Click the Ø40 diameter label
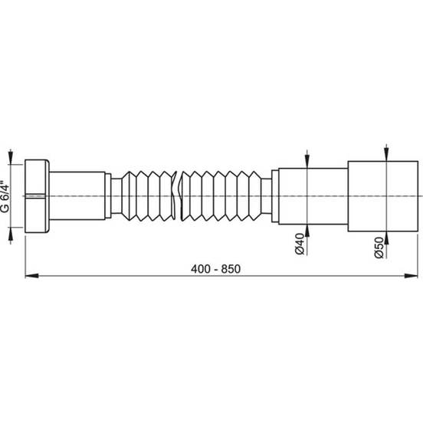tap(300, 244)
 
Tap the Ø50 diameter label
tap(379, 248)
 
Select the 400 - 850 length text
tap(215, 269)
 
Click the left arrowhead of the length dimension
tap(31, 276)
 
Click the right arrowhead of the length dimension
tap(411, 276)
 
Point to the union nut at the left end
tap(37, 196)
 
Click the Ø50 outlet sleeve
tap(383, 196)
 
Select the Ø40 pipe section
tap(313, 196)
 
